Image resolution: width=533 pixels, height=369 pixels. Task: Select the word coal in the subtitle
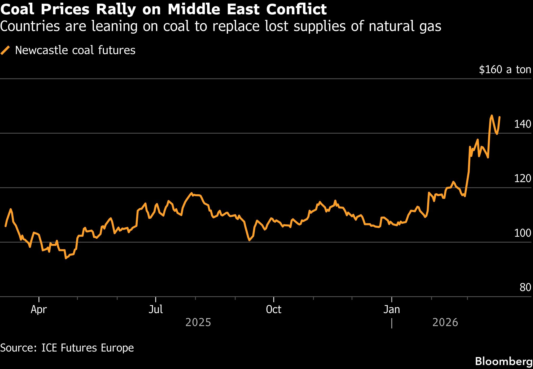(x=176, y=26)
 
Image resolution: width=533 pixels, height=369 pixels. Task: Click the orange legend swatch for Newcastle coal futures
(x=5, y=50)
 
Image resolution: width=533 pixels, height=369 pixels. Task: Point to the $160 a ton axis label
(x=505, y=69)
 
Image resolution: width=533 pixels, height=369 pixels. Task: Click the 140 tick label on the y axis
(x=523, y=124)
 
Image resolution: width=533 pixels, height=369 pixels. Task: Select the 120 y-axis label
(x=523, y=179)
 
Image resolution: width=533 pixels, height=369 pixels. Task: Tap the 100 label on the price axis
(x=523, y=233)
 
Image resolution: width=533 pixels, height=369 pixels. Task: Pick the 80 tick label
(x=525, y=288)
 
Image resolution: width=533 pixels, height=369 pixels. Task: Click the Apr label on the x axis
(x=39, y=310)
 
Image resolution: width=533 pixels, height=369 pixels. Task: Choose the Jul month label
(x=156, y=310)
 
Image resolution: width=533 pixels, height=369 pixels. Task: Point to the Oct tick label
(x=273, y=310)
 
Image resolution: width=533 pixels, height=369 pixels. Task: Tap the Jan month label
(x=391, y=310)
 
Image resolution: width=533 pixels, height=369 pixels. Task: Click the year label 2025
(x=198, y=323)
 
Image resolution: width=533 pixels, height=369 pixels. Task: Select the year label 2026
(x=445, y=323)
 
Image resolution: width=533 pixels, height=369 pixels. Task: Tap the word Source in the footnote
(x=18, y=348)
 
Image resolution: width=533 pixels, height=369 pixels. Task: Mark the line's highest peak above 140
(x=492, y=115)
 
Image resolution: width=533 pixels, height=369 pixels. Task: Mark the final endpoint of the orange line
(x=500, y=117)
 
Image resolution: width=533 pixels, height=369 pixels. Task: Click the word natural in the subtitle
(x=385, y=26)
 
